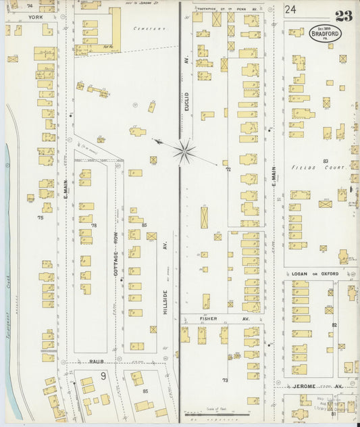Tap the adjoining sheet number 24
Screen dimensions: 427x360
tap(290, 9)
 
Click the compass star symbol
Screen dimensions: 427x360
tap(184, 151)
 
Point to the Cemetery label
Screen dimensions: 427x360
tap(149, 29)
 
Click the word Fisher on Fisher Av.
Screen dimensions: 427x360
tap(207, 317)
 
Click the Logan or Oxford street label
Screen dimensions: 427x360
tap(315, 274)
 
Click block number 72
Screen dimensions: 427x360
tap(228, 169)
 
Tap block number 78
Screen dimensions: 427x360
tap(94, 225)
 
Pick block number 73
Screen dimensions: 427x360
tap(226, 380)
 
